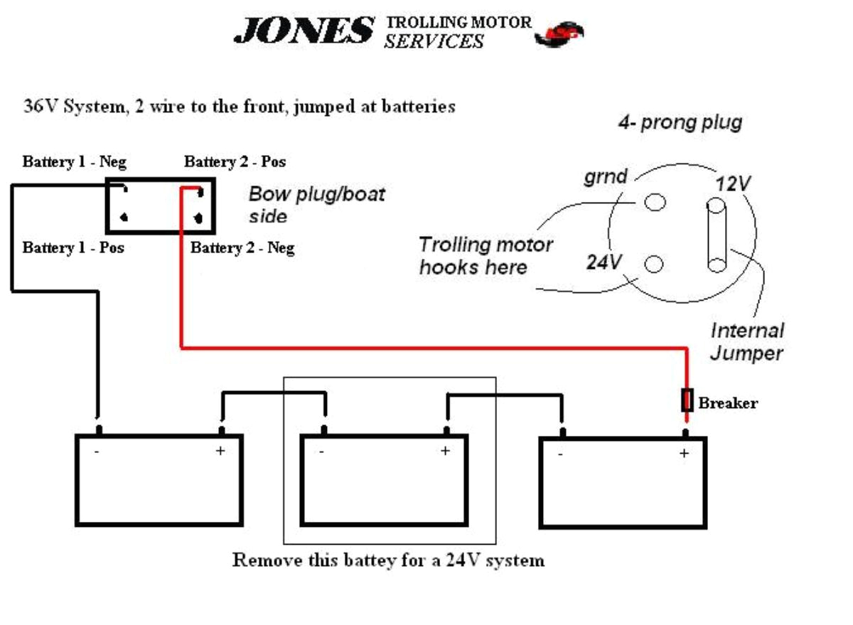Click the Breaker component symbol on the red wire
(687, 401)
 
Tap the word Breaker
(728, 403)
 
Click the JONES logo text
(304, 31)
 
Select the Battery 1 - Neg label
(75, 162)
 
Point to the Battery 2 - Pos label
(235, 162)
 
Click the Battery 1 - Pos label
(73, 248)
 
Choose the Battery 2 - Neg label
(242, 248)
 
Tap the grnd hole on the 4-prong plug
(655, 202)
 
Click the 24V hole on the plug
(654, 265)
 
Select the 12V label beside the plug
(733, 183)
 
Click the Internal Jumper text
(747, 341)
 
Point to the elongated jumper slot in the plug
(716, 235)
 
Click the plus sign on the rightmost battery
(684, 453)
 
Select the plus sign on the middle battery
(445, 451)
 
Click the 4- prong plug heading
(680, 122)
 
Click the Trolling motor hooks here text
(485, 256)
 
